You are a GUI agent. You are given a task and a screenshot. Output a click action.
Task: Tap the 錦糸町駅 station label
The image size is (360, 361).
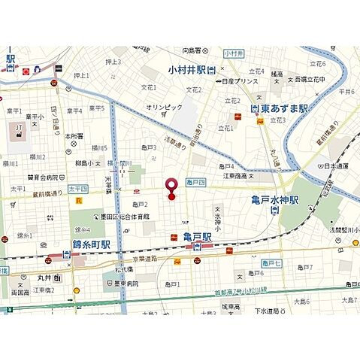click(92, 244)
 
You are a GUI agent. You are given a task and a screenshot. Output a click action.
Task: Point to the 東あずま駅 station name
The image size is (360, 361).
click(283, 108)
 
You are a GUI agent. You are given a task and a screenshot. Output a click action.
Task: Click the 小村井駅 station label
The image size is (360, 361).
click(189, 70)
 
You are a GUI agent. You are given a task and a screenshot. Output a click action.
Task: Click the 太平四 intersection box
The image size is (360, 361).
click(77, 189)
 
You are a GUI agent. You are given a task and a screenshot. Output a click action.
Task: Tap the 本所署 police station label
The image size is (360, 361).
click(73, 136)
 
